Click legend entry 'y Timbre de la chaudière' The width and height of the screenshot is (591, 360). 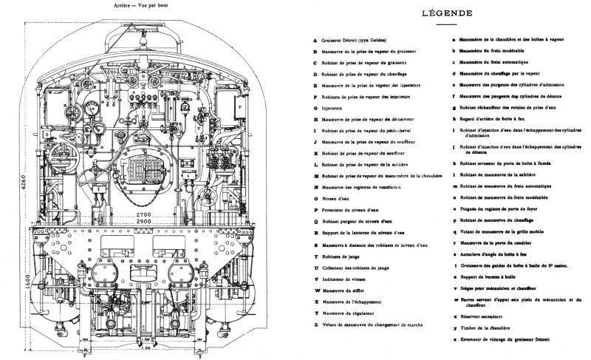click(488, 325)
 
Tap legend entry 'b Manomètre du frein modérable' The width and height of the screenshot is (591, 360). click(495, 51)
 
